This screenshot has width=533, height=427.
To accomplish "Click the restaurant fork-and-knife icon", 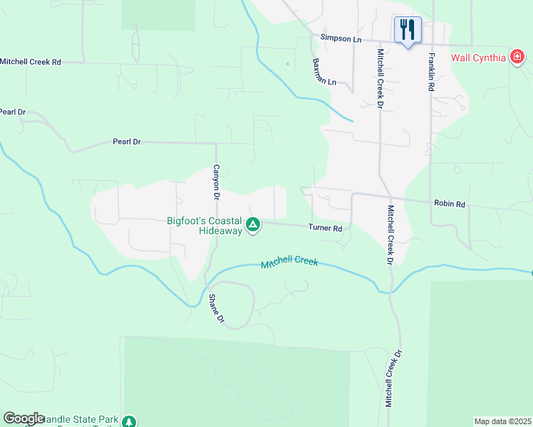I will click(x=408, y=29).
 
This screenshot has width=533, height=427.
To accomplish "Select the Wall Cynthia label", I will click(x=478, y=58).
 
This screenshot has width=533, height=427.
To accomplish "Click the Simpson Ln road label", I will click(x=341, y=38).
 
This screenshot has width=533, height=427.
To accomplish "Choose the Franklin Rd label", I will click(x=430, y=72).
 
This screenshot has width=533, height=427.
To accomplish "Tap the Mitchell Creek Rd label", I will click(x=31, y=63).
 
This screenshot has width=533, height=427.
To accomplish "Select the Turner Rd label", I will click(x=326, y=228).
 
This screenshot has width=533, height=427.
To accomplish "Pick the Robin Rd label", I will click(x=450, y=204).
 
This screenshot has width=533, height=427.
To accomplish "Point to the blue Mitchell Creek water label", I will click(x=289, y=263).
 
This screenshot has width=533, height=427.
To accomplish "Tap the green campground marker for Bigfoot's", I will click(x=252, y=226).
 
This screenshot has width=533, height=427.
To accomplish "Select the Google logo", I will click(x=24, y=418).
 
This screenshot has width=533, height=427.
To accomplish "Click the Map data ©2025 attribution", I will click(x=502, y=421).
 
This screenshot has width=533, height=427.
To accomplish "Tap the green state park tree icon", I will click(x=129, y=422).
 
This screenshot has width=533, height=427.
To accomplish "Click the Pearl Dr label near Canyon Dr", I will click(x=127, y=142).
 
